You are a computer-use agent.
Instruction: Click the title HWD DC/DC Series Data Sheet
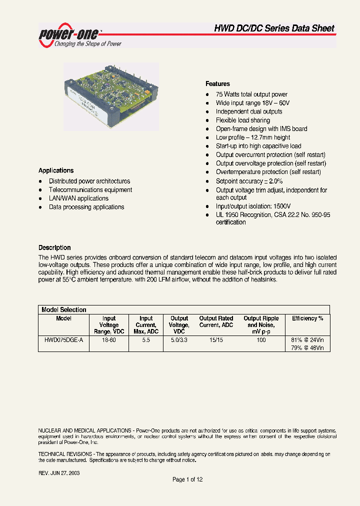tap(274, 28)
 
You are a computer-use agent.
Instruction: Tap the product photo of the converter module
tap(111, 96)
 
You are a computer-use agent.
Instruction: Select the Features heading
tap(217, 84)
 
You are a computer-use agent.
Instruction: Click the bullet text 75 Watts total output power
tap(251, 94)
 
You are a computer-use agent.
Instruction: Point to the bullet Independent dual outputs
tap(249, 111)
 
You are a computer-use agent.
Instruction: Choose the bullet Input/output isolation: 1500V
tap(253, 206)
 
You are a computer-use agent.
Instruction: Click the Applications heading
tap(56, 170)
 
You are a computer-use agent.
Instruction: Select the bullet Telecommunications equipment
tap(90, 190)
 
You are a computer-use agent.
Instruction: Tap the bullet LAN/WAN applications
tap(78, 198)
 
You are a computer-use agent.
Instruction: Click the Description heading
tap(54, 247)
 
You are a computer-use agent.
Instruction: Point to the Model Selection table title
tap(63, 309)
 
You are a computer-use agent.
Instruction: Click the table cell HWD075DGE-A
tap(63, 340)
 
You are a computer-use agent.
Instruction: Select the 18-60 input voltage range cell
tap(109, 340)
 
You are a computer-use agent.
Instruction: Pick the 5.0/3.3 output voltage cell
tap(179, 340)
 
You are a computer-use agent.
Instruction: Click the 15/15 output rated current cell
tap(216, 340)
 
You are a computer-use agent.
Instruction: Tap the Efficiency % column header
tap(307, 318)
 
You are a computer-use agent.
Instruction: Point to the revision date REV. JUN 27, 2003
tap(59, 472)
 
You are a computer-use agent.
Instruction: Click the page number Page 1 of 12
tap(187, 479)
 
